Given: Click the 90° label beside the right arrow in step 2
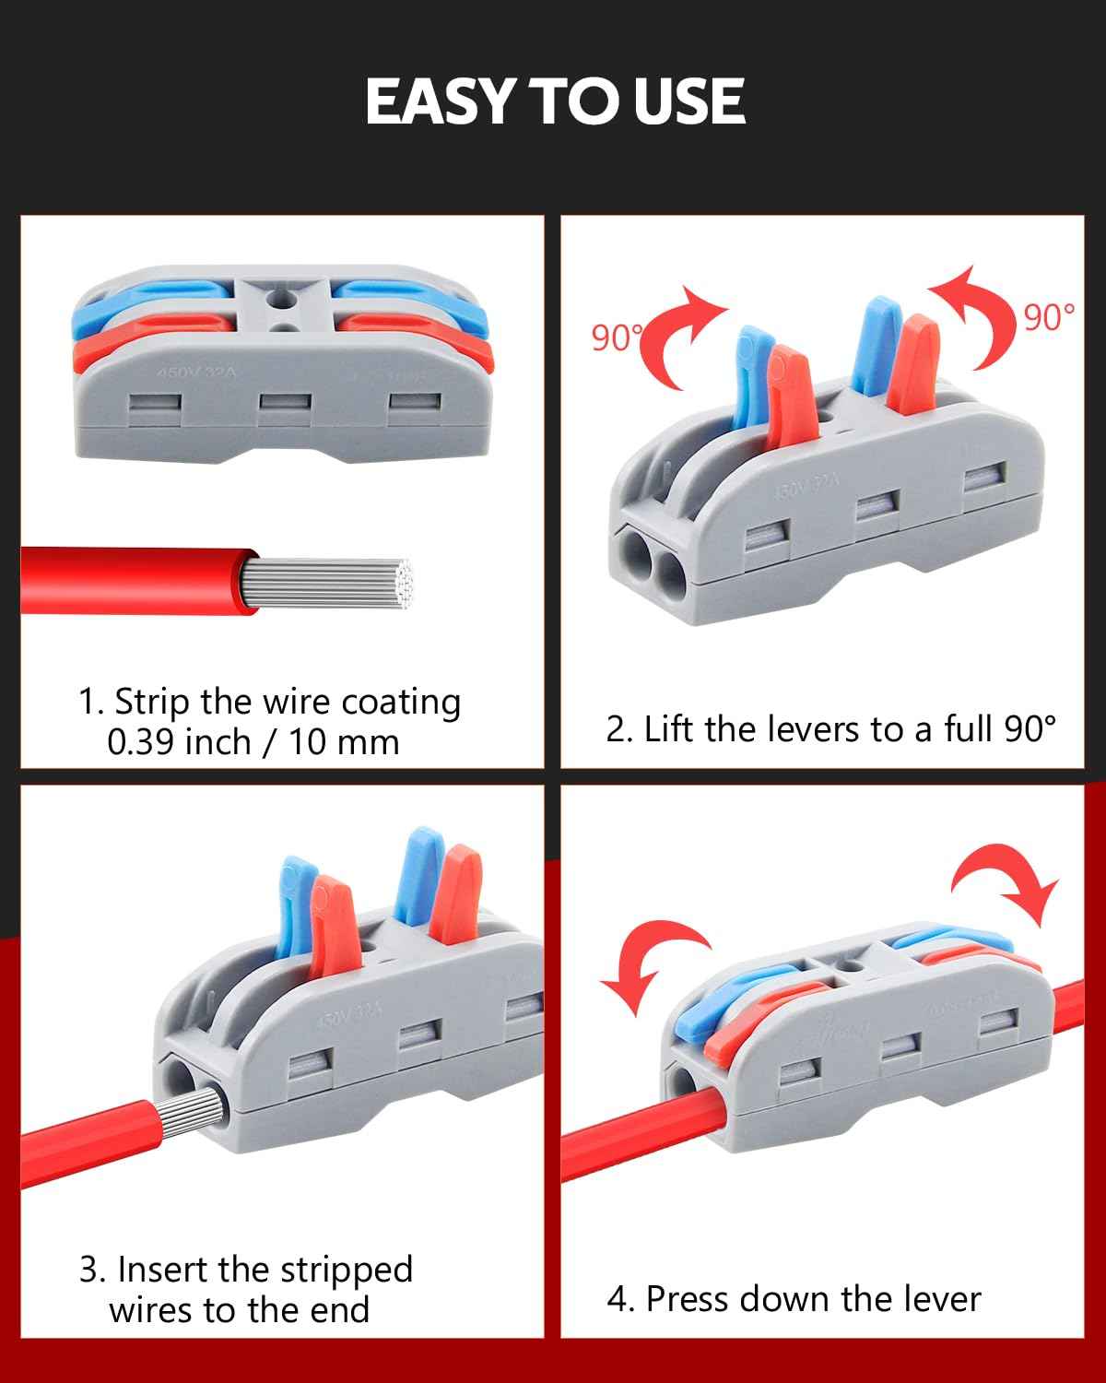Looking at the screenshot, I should [x=1049, y=316].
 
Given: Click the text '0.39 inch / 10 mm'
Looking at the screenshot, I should [x=253, y=741].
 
